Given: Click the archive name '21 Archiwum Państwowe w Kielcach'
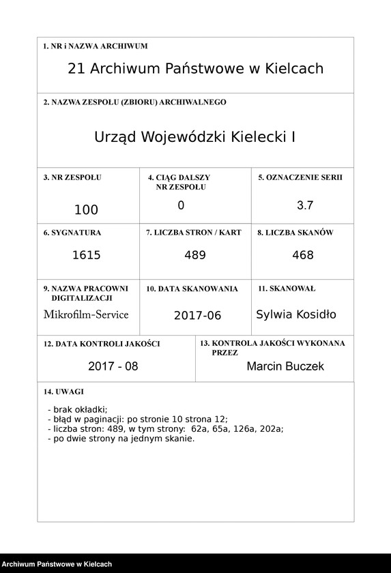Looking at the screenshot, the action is (196, 69).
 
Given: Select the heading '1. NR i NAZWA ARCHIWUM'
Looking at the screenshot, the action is (96, 46).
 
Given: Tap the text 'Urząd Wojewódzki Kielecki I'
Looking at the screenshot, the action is (195, 136).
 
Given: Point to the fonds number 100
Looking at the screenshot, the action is (86, 209).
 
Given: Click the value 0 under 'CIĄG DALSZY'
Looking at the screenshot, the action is (181, 205).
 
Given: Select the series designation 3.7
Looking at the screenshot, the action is (305, 205).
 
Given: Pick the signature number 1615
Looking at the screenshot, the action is (86, 255).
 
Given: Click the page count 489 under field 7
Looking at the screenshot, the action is (195, 255).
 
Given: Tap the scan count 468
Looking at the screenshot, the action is (302, 255).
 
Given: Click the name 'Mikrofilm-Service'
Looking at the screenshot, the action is (86, 314).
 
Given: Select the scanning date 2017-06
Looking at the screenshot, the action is (197, 316).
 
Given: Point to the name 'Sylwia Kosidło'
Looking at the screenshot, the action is (296, 314).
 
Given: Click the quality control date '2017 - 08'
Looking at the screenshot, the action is (113, 366).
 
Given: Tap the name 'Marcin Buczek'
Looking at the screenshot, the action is (285, 366).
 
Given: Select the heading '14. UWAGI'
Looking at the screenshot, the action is (63, 392).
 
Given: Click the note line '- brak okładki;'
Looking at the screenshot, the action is (78, 409).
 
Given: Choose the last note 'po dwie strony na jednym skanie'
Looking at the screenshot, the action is (121, 439).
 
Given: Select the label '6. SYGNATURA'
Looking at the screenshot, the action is (72, 233).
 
